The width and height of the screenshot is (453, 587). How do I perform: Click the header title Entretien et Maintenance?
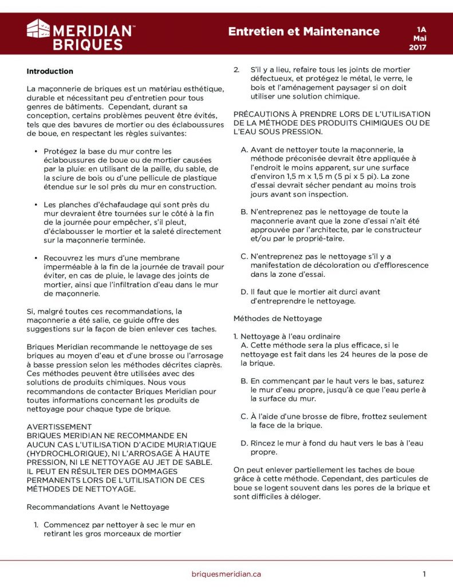[x=304, y=31]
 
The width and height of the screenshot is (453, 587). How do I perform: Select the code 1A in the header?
[x=422, y=29]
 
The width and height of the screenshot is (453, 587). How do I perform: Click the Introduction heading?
[x=50, y=72]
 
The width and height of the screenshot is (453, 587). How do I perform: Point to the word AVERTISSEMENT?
[x=60, y=427]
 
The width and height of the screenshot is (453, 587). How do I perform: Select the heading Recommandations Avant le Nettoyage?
[x=98, y=507]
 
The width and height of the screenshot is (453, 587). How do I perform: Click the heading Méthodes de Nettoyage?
[x=278, y=318]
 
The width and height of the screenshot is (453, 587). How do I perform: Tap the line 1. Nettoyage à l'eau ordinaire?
[x=287, y=336]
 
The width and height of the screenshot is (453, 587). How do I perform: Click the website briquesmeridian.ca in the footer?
[x=226, y=574]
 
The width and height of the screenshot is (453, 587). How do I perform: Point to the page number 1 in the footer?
[x=424, y=574]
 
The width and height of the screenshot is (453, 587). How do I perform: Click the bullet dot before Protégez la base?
[x=36, y=151]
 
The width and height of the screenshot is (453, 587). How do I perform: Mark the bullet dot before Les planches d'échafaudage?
[x=36, y=205]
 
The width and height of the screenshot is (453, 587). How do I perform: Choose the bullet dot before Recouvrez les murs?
[x=36, y=258]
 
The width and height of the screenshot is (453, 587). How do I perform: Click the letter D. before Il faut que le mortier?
[x=244, y=292]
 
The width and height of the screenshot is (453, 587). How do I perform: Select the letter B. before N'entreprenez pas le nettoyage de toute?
[x=244, y=212]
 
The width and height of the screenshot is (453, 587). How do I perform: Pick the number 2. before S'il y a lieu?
[x=236, y=70]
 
